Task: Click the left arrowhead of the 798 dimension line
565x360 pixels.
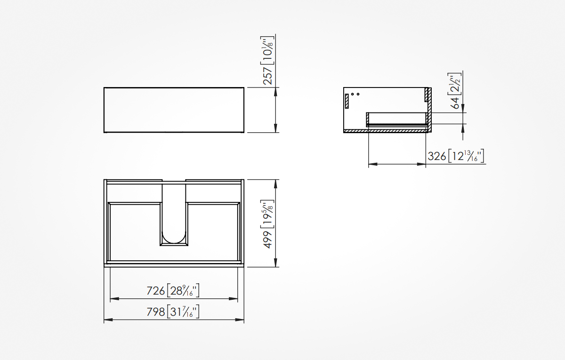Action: coord(108,320)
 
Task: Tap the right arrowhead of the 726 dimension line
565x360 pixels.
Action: coord(234,299)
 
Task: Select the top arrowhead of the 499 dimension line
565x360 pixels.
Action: coord(275,184)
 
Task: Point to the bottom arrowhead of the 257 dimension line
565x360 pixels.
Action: coord(275,128)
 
